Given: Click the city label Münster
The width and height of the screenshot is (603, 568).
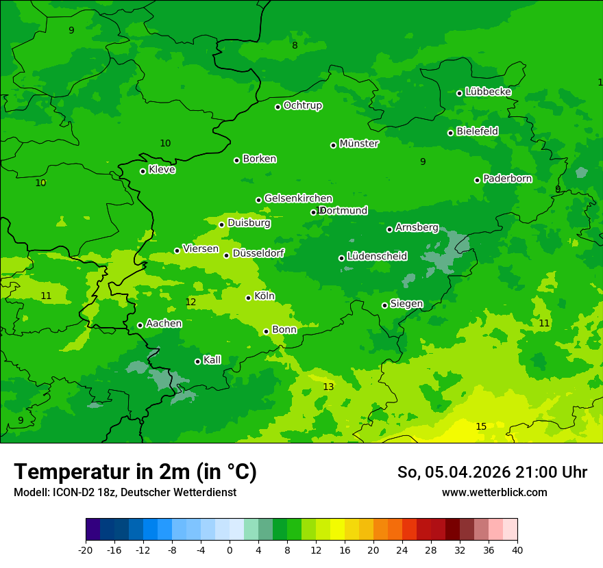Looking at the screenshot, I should coord(358,144).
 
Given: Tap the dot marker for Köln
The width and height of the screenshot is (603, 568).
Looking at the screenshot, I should coord(248,298).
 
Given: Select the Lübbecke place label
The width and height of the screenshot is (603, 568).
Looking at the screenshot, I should coord(488,92).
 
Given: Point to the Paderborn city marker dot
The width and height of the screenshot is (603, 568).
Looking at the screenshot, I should coord(478,180).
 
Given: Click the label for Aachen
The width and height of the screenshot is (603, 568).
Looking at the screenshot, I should coord(164,324).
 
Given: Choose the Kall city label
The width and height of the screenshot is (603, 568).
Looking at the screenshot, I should coord(212,360).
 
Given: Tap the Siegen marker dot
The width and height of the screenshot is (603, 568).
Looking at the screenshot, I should coord(384,305).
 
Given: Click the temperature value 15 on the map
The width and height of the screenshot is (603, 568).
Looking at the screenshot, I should coord(481,426).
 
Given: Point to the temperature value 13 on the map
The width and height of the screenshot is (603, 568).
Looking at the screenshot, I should coord(328,387).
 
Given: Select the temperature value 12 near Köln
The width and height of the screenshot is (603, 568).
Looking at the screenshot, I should coord(190,302).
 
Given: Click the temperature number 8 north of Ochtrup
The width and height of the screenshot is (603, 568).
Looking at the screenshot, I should coord(295,45).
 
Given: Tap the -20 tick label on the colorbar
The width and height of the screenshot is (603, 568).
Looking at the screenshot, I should coord(86,550).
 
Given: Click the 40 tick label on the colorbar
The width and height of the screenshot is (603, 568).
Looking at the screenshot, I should coord(517,550).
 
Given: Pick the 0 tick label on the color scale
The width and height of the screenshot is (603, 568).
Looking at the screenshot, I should coord(230,550).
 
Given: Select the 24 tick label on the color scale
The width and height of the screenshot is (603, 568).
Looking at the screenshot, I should coord(402,550).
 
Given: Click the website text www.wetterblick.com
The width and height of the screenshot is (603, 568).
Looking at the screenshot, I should coord(494,492).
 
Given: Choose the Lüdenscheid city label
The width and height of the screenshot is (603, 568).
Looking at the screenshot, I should coord(377,257).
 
